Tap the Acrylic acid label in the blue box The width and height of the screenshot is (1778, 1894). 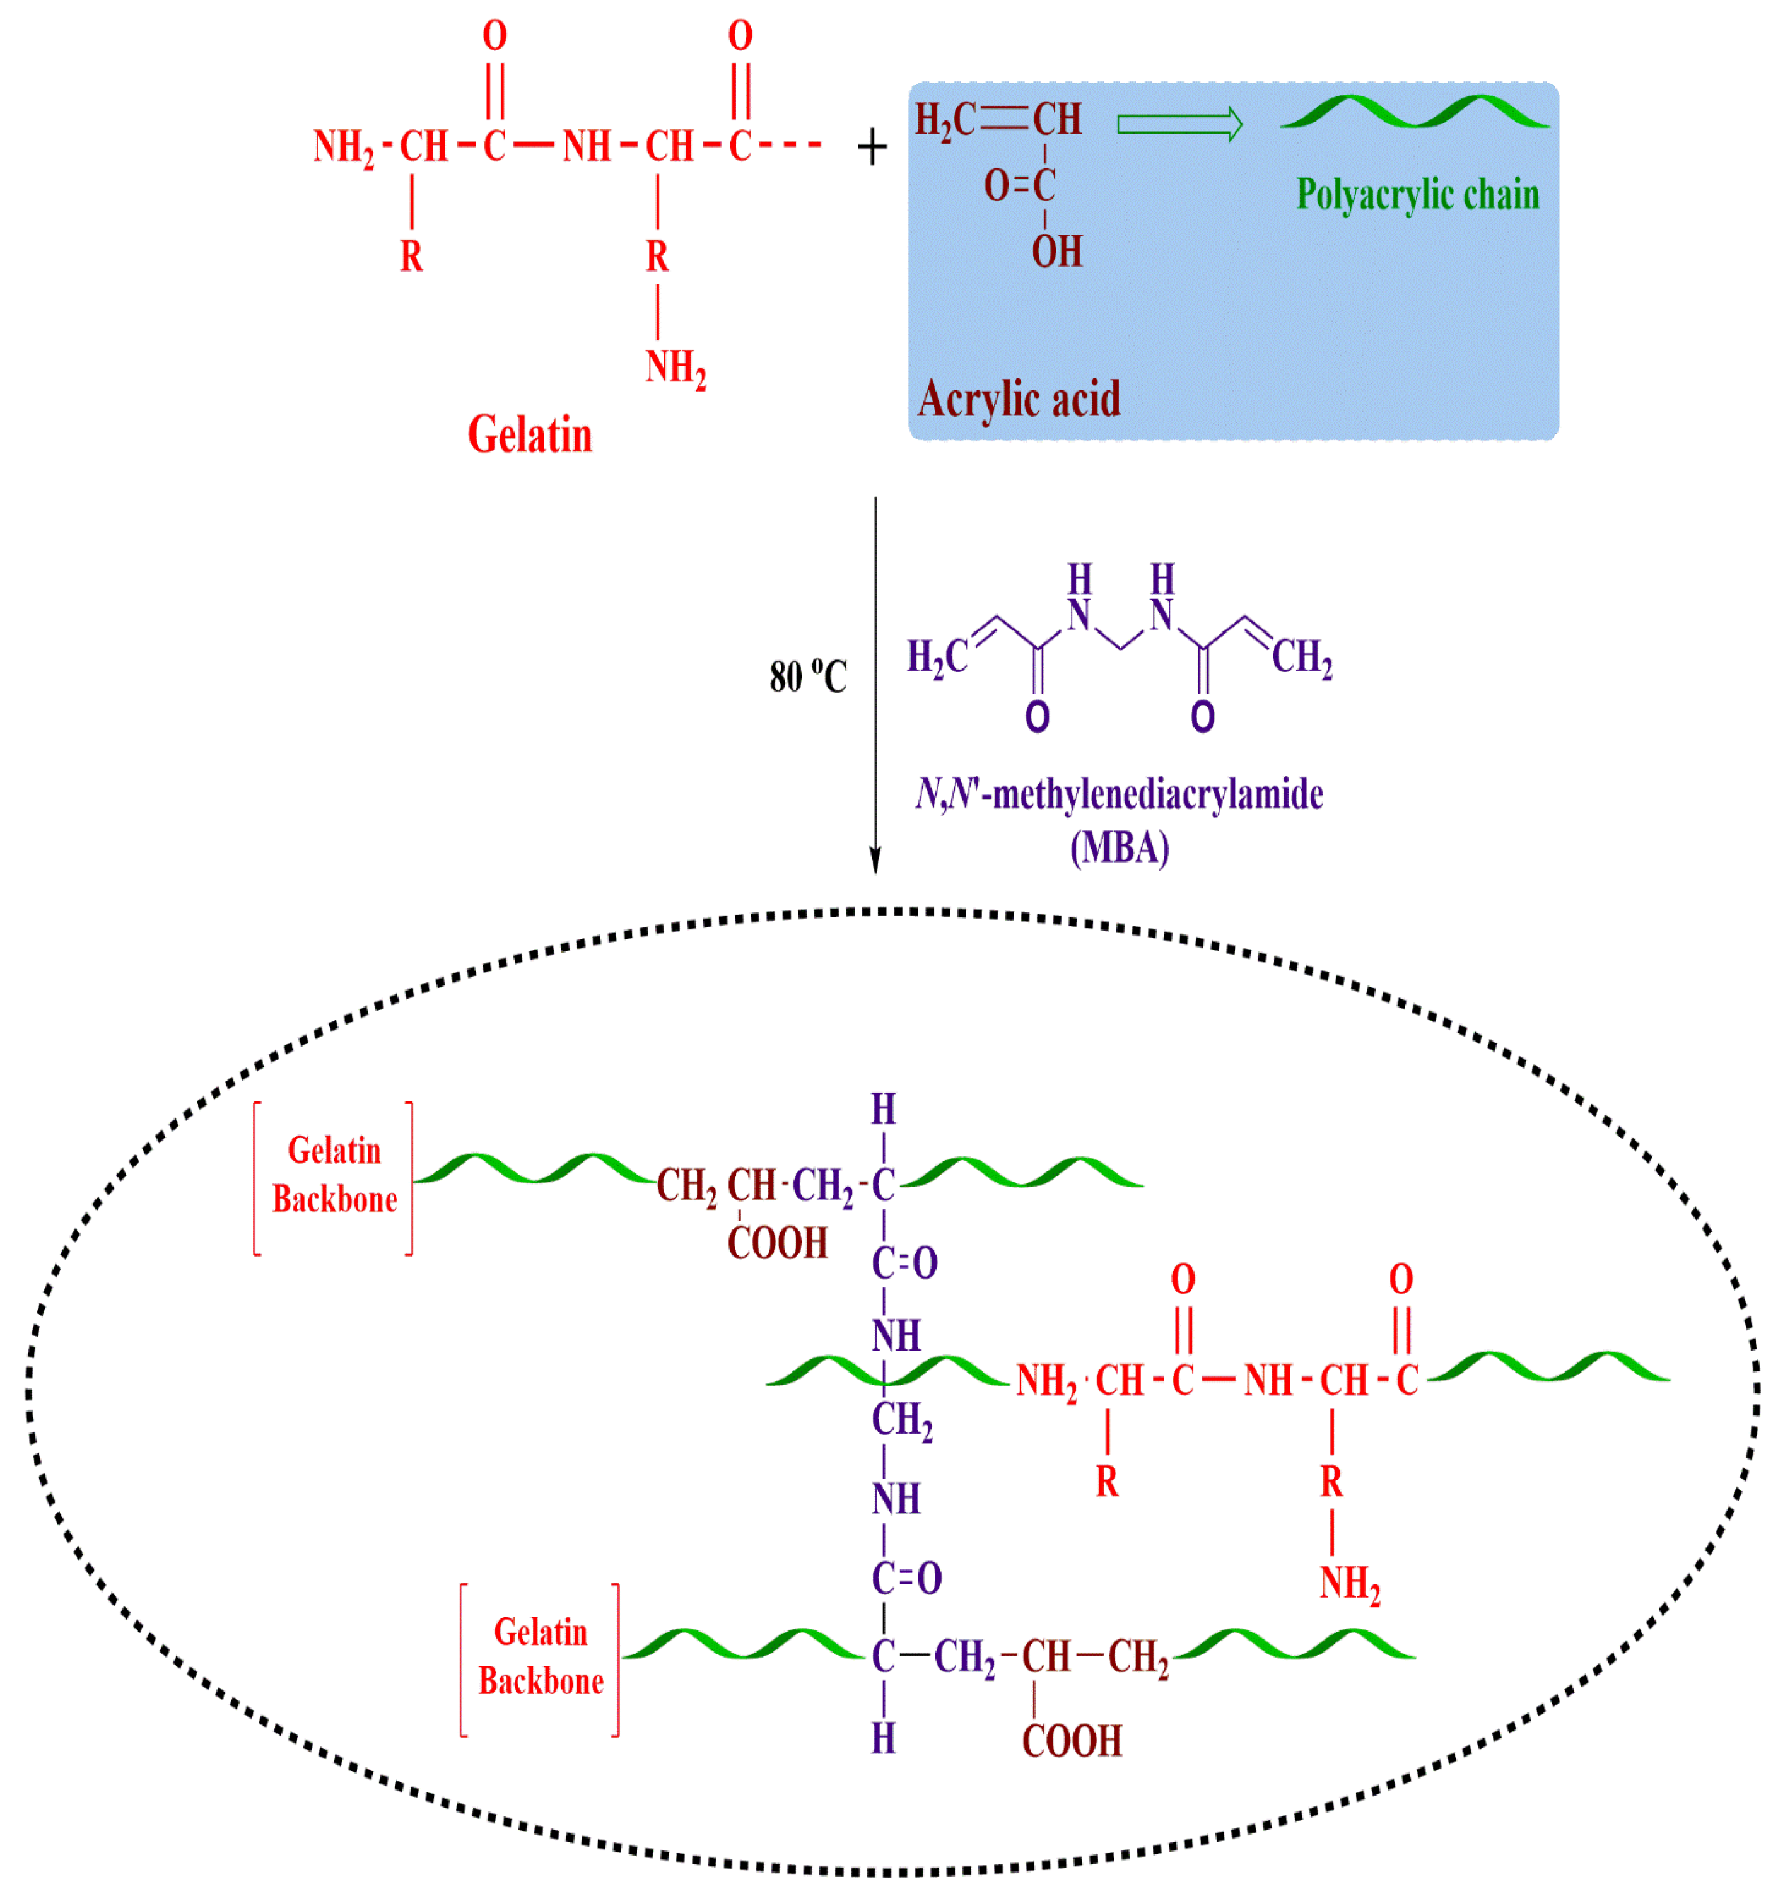pyautogui.click(x=1019, y=398)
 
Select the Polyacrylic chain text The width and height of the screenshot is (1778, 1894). pyautogui.click(x=1417, y=194)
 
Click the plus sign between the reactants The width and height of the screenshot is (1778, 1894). pyautogui.click(x=872, y=148)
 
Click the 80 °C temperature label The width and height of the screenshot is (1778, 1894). pyautogui.click(x=808, y=677)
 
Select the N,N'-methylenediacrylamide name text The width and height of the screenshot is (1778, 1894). pyautogui.click(x=1120, y=794)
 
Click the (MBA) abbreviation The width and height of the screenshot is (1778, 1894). pyautogui.click(x=1120, y=847)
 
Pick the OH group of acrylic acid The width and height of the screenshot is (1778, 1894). pyautogui.click(x=1056, y=252)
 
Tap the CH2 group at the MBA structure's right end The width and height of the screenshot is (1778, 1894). pyautogui.click(x=1302, y=658)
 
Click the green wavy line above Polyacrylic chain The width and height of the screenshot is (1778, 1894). pyautogui.click(x=1415, y=112)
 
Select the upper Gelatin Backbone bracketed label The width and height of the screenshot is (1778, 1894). pyautogui.click(x=334, y=1176)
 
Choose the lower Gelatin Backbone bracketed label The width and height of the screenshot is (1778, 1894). pyautogui.click(x=541, y=1657)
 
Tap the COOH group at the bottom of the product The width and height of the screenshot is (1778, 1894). pyautogui.click(x=1072, y=1741)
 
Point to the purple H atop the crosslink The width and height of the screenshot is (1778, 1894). pyautogui.click(x=883, y=1109)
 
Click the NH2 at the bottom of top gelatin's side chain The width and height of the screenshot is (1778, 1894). pyautogui.click(x=676, y=368)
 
